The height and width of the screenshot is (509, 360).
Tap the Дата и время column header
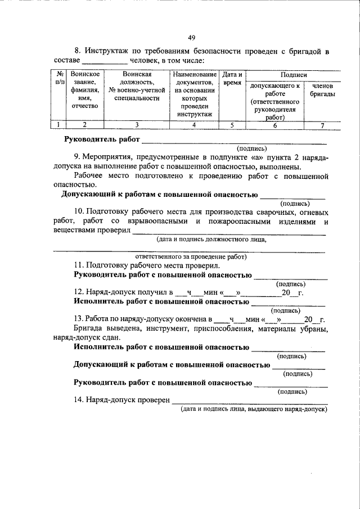click(x=232, y=78)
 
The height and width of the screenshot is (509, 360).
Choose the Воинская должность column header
click(x=137, y=86)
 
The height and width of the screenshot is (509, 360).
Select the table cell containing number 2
click(x=84, y=125)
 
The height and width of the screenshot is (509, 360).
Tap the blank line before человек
click(x=105, y=61)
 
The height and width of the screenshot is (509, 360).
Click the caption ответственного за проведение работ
click(x=190, y=256)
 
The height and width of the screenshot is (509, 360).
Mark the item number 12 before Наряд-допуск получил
click(x=78, y=293)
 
